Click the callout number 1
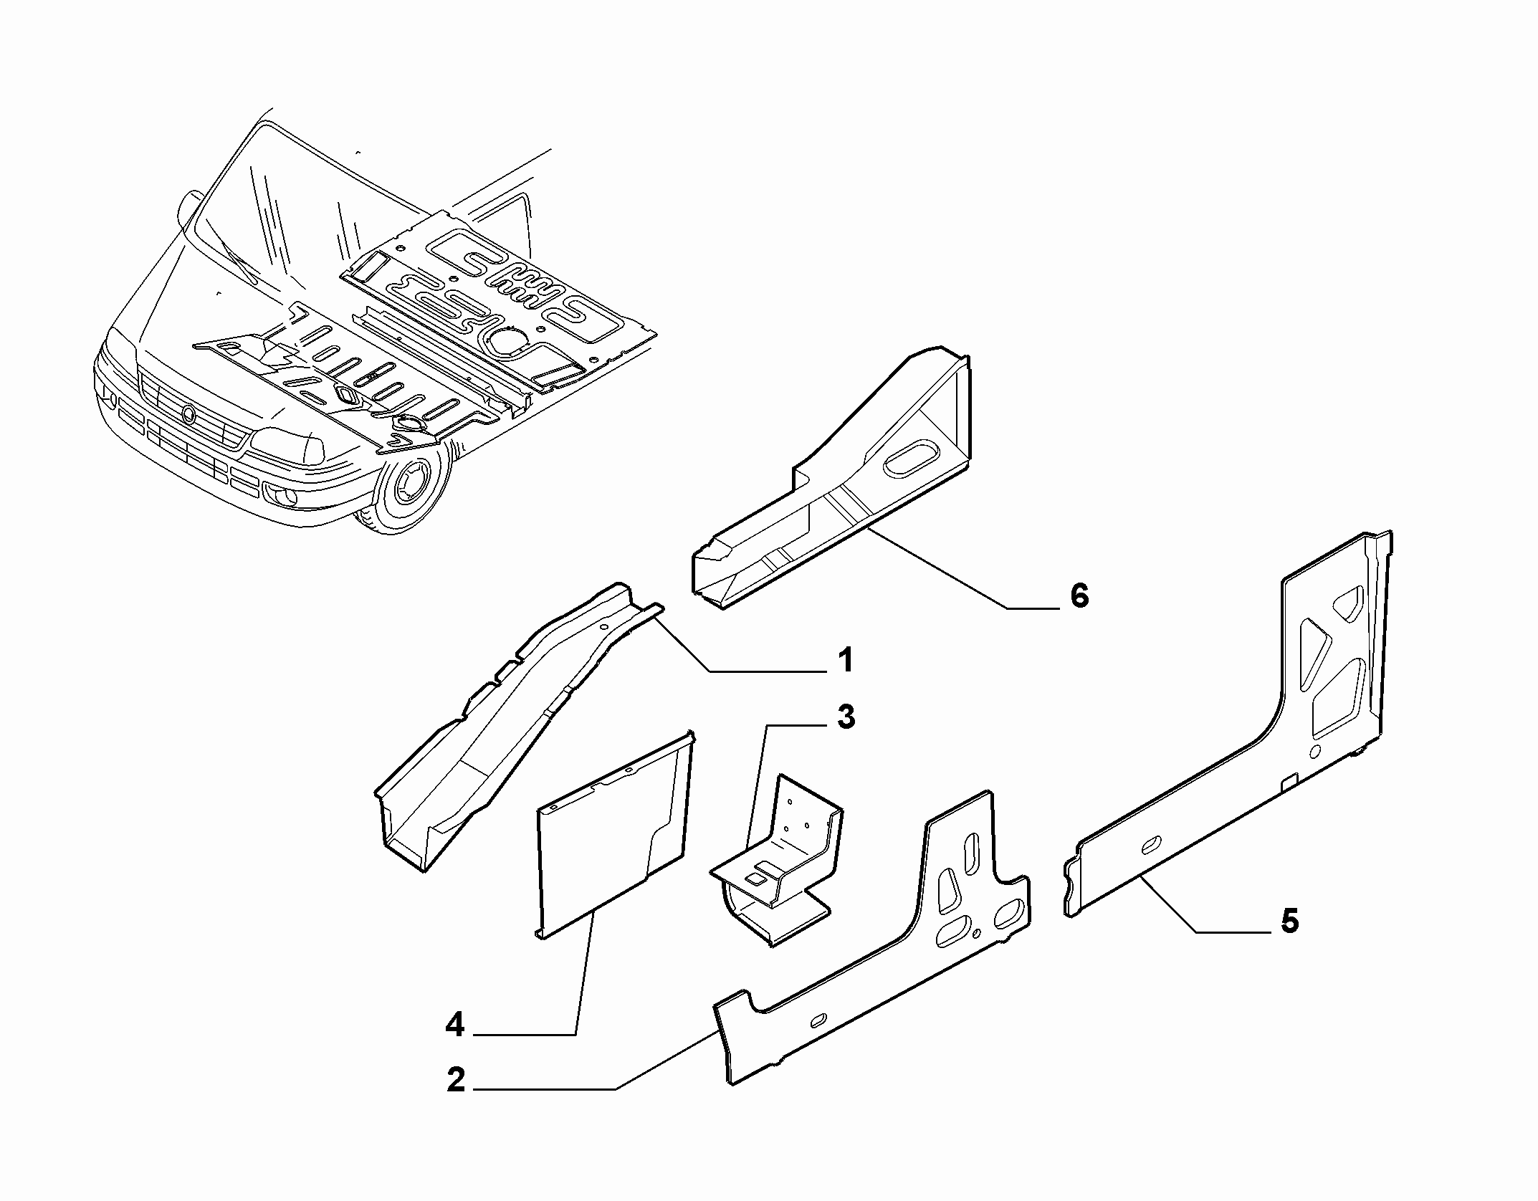846,659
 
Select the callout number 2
456,1100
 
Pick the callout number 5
1289,922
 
